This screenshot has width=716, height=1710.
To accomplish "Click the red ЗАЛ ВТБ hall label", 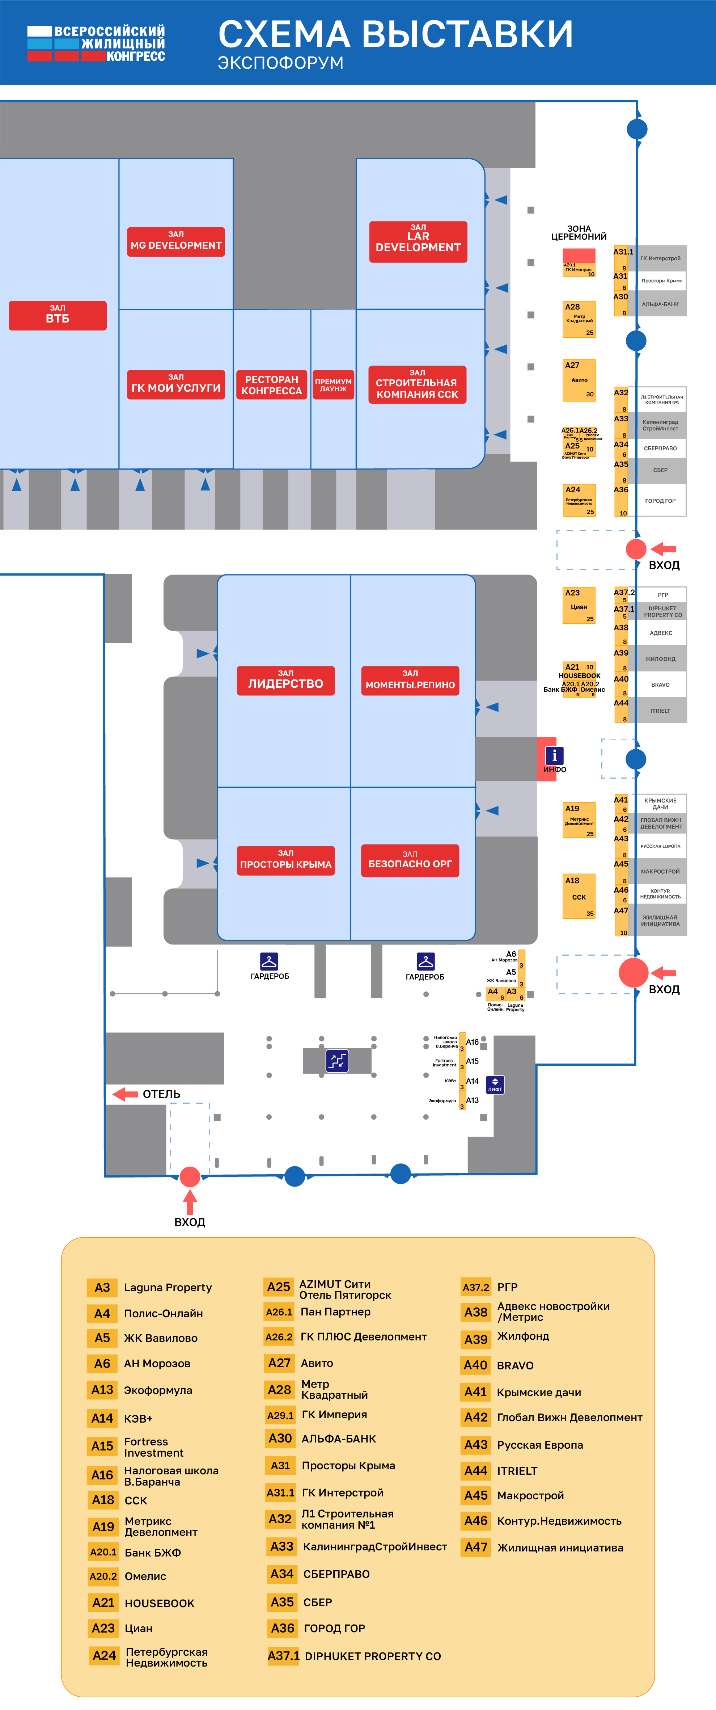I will pyautogui.click(x=58, y=315).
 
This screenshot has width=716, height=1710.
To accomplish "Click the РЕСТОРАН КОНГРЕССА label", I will pyautogui.click(x=271, y=384).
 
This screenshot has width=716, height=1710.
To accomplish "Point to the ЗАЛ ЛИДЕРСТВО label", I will pyautogui.click(x=285, y=681).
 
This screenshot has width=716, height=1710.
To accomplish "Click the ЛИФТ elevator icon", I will pyautogui.click(x=495, y=1084).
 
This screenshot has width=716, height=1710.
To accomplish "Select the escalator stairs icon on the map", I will pyautogui.click(x=337, y=1060).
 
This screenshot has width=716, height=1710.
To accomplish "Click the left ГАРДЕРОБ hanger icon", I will pyautogui.click(x=269, y=961).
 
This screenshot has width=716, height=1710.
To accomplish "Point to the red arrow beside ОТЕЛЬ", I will pyautogui.click(x=125, y=1093).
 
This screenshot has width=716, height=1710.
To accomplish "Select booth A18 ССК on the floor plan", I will pyautogui.click(x=579, y=896).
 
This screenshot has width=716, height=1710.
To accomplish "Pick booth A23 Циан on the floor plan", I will pyautogui.click(x=579, y=605).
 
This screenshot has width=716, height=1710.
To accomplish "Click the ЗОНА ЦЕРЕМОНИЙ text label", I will pyautogui.click(x=579, y=232).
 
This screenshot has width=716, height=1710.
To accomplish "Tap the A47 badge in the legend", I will pyautogui.click(x=476, y=1547).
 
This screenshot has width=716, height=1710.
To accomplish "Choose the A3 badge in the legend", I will pyautogui.click(x=102, y=1287).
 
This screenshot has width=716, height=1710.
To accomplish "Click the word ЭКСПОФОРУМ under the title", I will pyautogui.click(x=281, y=63).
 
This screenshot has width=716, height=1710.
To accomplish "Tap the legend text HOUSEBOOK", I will pyautogui.click(x=159, y=1602).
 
